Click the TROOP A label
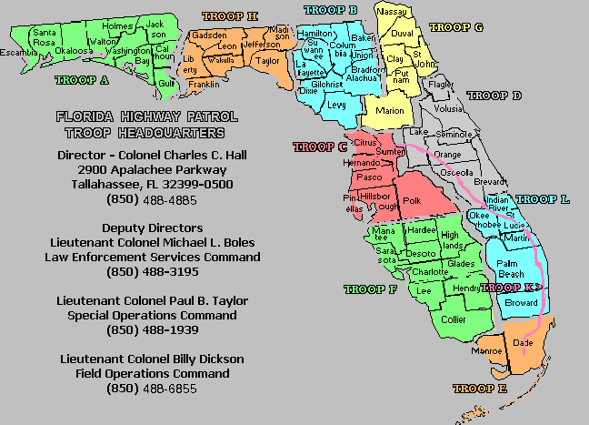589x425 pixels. tap(82, 80)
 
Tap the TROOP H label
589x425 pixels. tap(230, 16)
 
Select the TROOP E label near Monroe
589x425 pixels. tap(480, 389)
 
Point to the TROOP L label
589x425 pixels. tap(543, 199)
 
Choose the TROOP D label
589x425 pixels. tap(494, 95)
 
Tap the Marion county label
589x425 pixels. tap(390, 111)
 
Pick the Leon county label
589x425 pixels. tap(227, 46)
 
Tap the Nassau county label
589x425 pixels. tap(393, 12)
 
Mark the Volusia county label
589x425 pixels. tap(449, 109)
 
